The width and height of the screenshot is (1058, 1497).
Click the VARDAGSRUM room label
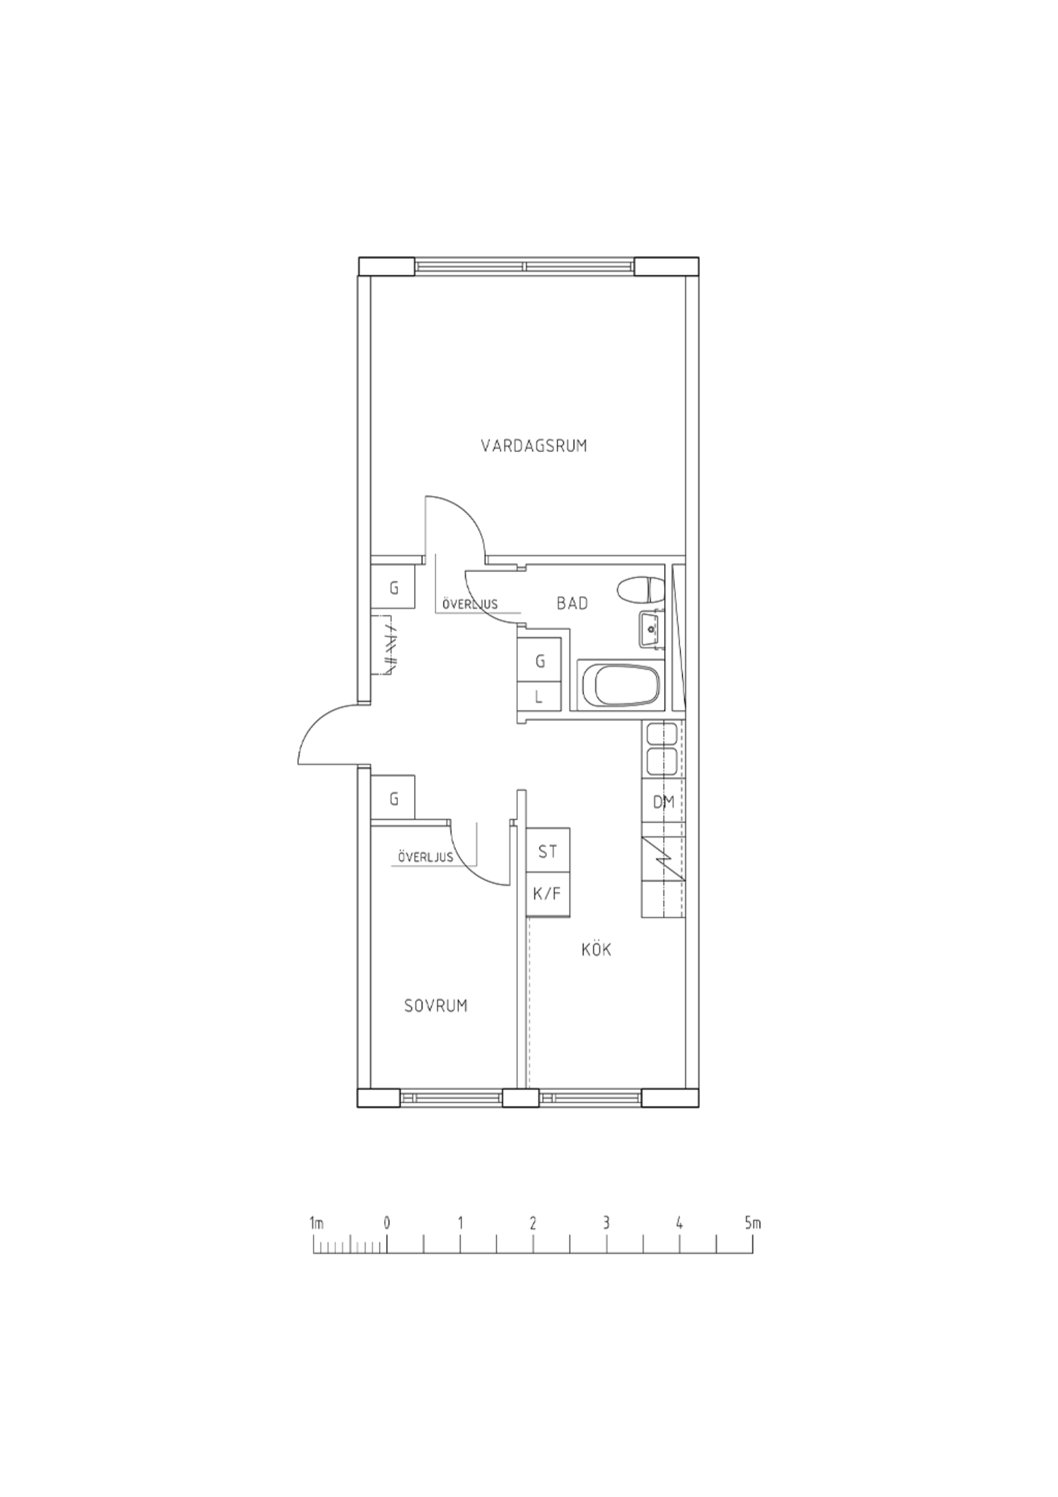pyautogui.click(x=534, y=446)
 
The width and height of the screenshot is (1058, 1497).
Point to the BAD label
pyautogui.click(x=572, y=603)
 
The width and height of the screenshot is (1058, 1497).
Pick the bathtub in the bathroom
pyautogui.click(x=619, y=684)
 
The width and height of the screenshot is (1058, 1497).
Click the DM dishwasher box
pyautogui.click(x=664, y=802)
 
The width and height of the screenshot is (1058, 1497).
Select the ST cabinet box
pyautogui.click(x=548, y=851)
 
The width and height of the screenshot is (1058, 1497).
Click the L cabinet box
pyautogui.click(x=539, y=697)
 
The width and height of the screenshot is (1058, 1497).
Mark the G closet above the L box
pyautogui.click(x=539, y=661)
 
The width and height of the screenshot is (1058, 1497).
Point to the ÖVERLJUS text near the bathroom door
pyautogui.click(x=470, y=604)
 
